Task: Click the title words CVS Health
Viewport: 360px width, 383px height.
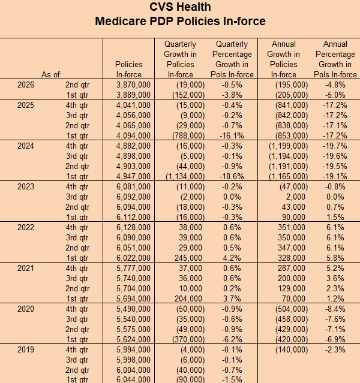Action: (x=180, y=7)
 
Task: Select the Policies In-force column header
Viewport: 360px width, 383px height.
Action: (x=128, y=70)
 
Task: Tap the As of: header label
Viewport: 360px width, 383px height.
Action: (x=52, y=74)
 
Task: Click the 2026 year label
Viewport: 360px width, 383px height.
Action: (x=26, y=85)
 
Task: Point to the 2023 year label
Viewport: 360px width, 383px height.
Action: (x=26, y=186)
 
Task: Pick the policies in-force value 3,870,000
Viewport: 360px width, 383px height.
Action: (x=133, y=85)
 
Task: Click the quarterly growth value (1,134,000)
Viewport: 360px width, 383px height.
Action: (x=185, y=176)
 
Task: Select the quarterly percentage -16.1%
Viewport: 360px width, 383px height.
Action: (x=232, y=135)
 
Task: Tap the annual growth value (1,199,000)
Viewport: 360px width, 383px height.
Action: (x=289, y=146)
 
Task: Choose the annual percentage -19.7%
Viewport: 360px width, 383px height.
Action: (x=335, y=146)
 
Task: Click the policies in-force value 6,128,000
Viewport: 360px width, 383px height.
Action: (x=133, y=227)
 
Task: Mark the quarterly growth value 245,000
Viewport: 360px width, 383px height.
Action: (x=188, y=258)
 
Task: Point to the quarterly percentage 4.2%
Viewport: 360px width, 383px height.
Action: (x=232, y=258)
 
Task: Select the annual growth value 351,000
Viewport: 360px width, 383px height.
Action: (x=292, y=227)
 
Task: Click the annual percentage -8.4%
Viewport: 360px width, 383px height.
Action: (x=335, y=309)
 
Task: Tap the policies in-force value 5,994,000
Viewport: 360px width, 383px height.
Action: (x=133, y=350)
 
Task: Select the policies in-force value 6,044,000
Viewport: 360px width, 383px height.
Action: (x=133, y=379)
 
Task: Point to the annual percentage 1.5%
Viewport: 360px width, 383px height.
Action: (x=335, y=217)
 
